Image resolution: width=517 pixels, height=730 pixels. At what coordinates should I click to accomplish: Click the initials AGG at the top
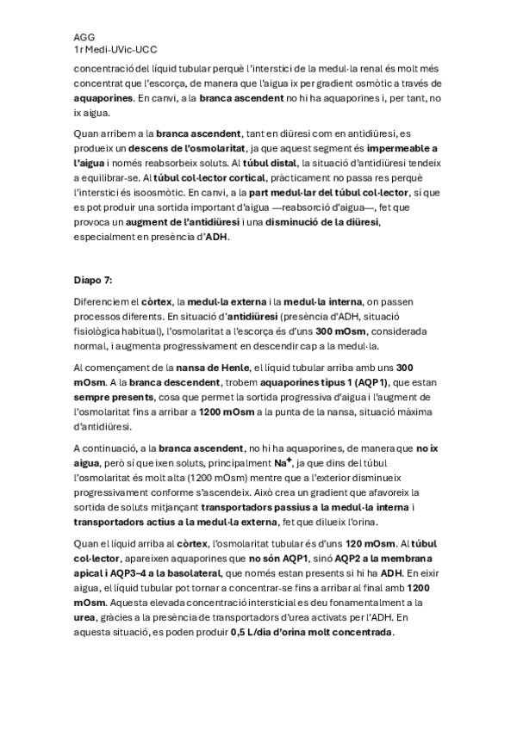tap(84, 38)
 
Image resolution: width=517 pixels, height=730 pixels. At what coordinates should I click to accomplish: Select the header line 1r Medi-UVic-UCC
tap(115, 51)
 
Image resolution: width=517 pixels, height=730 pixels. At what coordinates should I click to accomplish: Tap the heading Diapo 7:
tap(98, 280)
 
